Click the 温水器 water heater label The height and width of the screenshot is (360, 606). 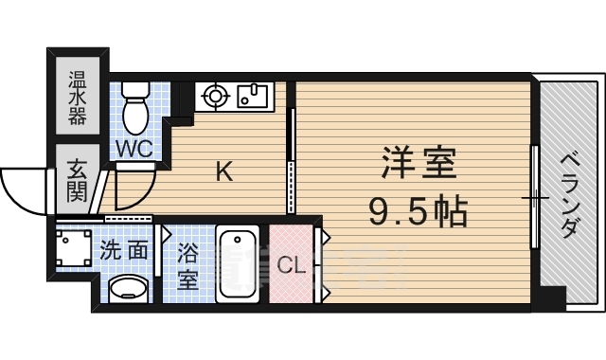77,97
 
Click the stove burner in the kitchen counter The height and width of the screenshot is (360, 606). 215,95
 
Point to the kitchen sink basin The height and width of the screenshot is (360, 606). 253,95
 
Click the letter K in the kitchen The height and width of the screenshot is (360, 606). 224,172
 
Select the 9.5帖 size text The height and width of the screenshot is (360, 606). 420,211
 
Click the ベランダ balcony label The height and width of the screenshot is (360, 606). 570,194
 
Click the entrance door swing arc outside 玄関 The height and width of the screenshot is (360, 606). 21,189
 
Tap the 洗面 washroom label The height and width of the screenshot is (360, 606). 124,252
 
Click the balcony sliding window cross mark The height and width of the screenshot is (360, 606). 536,198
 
